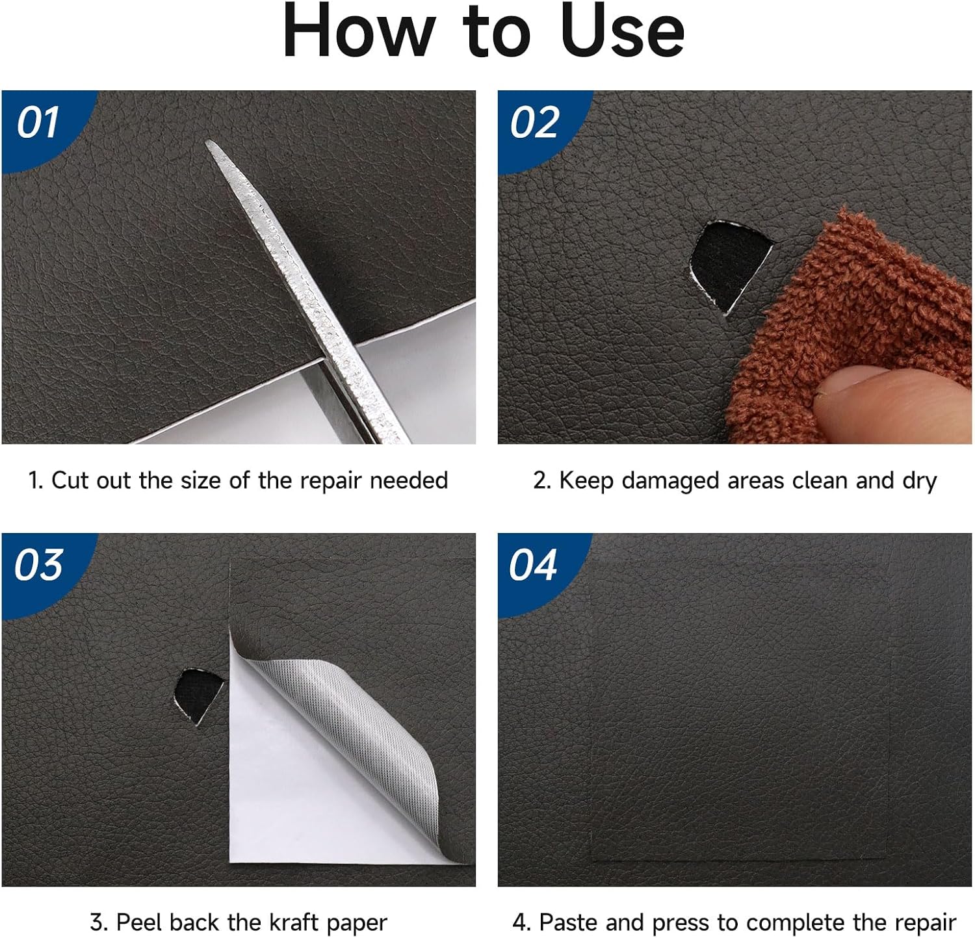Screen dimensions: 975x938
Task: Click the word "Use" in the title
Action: tap(623, 31)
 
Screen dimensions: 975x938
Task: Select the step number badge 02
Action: tap(534, 123)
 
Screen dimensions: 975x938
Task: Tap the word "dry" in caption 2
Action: tap(919, 482)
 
